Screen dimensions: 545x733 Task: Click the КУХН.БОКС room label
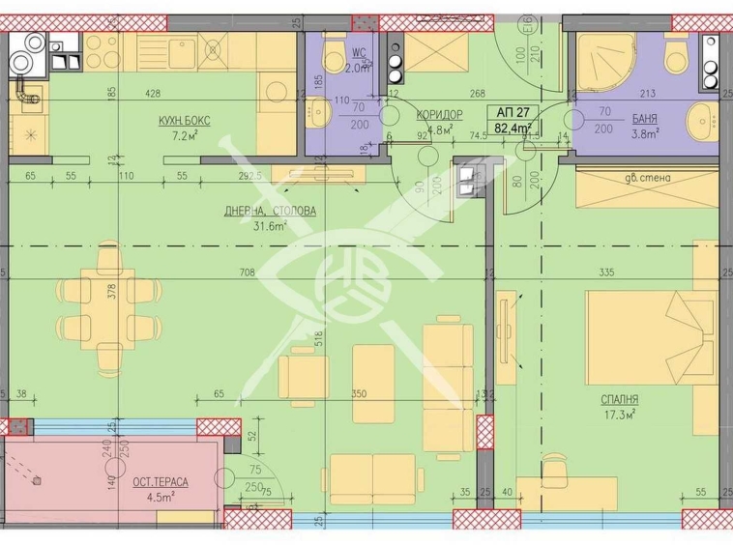tap(185, 120)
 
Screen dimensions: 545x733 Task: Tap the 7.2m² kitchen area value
tap(184, 135)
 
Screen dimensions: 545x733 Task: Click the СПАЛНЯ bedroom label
tap(620, 399)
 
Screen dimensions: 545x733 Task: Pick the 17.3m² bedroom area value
tap(620, 415)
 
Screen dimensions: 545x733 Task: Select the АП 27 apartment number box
tap(513, 111)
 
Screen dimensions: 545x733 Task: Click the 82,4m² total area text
tap(513, 127)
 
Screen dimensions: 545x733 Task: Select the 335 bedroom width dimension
tap(607, 273)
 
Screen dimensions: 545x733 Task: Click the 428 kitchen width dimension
tap(153, 94)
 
